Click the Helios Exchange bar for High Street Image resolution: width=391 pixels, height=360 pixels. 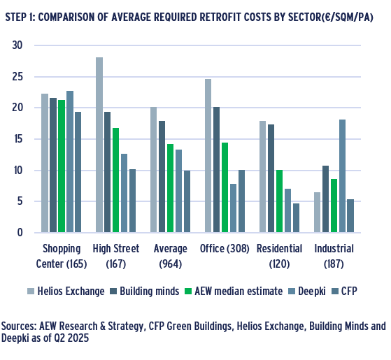[x=99, y=145]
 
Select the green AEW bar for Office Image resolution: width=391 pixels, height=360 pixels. [x=225, y=187]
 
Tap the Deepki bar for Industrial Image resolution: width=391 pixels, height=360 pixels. [x=342, y=176]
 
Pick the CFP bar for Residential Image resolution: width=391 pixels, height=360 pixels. [x=296, y=217]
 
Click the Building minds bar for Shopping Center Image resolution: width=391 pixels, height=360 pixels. [x=53, y=165]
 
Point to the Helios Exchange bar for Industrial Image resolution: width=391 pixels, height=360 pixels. [x=317, y=213]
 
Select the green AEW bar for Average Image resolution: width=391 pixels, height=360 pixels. [x=170, y=188]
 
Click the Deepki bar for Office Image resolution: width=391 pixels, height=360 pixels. [x=233, y=208]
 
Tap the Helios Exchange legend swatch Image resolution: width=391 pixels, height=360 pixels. [x=31, y=291]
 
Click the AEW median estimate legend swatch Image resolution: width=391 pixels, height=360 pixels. [x=188, y=291]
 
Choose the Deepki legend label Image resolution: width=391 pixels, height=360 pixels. [x=312, y=291]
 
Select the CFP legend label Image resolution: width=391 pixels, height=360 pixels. [x=349, y=291]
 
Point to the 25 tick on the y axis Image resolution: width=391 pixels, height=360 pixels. [x=17, y=77]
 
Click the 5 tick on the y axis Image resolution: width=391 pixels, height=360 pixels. [x=20, y=201]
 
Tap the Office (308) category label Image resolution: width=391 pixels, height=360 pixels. [x=225, y=249]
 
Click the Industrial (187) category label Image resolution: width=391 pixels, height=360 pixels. [x=334, y=256]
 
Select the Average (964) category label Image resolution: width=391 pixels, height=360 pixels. [x=170, y=256]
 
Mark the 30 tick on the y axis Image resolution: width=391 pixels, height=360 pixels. [x=17, y=45]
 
